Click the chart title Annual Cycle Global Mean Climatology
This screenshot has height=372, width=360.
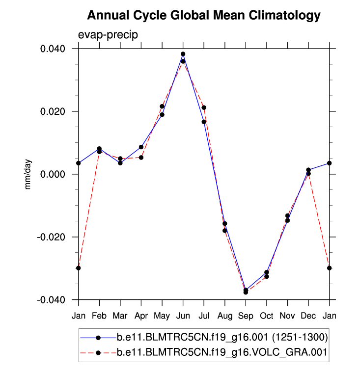pyautogui.click(x=203, y=16)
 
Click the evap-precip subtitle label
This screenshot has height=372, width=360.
pyautogui.click(x=108, y=35)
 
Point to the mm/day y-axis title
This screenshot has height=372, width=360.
pyautogui.click(x=28, y=174)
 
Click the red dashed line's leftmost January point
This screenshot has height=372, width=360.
pyautogui.click(x=78, y=268)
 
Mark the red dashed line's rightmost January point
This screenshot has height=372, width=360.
pyautogui.click(x=330, y=268)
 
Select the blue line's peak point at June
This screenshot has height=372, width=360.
pyautogui.click(x=183, y=54)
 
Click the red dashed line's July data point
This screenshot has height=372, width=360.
pyautogui.click(x=204, y=107)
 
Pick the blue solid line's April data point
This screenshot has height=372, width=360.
pyautogui.click(x=141, y=147)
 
